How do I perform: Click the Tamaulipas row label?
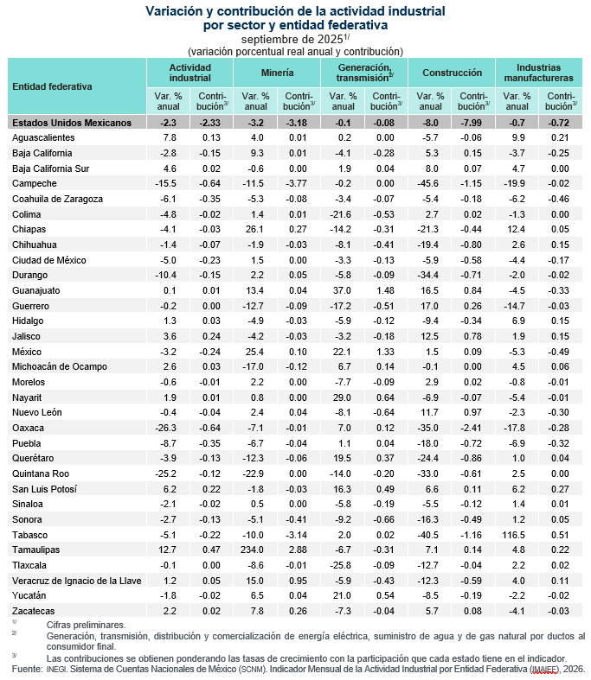tap(40, 550)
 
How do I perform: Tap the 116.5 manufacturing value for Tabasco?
tap(517, 535)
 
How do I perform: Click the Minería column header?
tap(276, 73)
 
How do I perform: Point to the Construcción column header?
tap(452, 73)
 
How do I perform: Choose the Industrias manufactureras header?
tap(537, 73)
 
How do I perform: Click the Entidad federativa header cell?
tap(52, 86)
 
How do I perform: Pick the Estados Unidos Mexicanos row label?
tap(72, 123)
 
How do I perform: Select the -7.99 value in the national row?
tap(473, 123)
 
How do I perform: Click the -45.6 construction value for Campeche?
tap(429, 183)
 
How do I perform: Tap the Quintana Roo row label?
tap(41, 474)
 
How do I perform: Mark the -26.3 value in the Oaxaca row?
tap(168, 429)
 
